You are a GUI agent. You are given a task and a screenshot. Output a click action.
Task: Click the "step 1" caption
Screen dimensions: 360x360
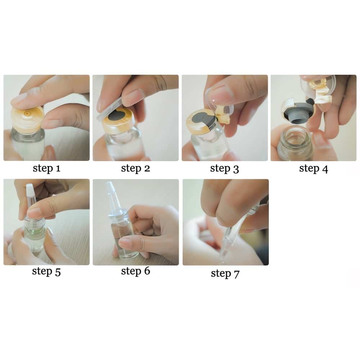pos(46,168)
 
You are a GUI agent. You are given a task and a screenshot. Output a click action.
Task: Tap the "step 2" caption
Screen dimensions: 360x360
pos(135,168)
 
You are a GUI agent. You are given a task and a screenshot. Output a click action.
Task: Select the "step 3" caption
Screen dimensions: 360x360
pos(225,169)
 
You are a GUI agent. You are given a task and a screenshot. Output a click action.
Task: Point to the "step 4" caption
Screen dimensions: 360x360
pos(314,169)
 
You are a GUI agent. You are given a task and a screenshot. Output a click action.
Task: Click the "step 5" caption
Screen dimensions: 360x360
pos(46,271)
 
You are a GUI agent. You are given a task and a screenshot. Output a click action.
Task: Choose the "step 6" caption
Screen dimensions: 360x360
pos(135,271)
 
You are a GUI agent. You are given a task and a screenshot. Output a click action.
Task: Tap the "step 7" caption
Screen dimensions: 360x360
pos(225,274)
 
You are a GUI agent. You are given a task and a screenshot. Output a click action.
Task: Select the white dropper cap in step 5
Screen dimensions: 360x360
pos(30,189)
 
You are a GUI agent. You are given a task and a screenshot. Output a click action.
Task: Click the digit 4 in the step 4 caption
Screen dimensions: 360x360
pos(325,169)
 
